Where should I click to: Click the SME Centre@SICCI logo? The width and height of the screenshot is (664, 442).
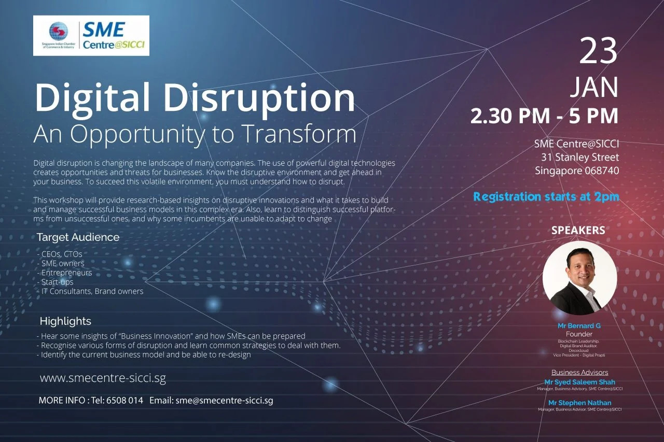click(x=91, y=35)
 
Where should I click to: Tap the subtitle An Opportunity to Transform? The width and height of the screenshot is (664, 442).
click(x=195, y=134)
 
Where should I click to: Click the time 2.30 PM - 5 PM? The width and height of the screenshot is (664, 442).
click(x=544, y=116)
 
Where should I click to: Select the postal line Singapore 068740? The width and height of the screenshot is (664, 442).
click(x=577, y=170)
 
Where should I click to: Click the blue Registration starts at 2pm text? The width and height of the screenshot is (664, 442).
click(x=546, y=197)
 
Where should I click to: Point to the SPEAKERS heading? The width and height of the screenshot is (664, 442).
click(x=578, y=230)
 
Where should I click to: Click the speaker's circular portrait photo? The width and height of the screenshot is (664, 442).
click(x=579, y=278)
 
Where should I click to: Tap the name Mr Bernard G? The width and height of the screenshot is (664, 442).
click(x=578, y=326)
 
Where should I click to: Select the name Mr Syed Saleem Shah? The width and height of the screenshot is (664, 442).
click(x=579, y=382)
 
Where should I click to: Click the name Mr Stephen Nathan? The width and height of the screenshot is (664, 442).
click(x=579, y=403)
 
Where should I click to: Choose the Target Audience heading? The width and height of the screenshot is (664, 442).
click(x=78, y=237)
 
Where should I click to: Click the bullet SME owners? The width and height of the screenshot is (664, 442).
click(x=62, y=263)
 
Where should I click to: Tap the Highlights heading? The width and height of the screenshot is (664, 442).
click(x=65, y=321)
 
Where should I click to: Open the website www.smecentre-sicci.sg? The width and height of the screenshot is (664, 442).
click(x=103, y=378)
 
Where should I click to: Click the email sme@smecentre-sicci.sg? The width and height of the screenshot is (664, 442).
click(x=224, y=401)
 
